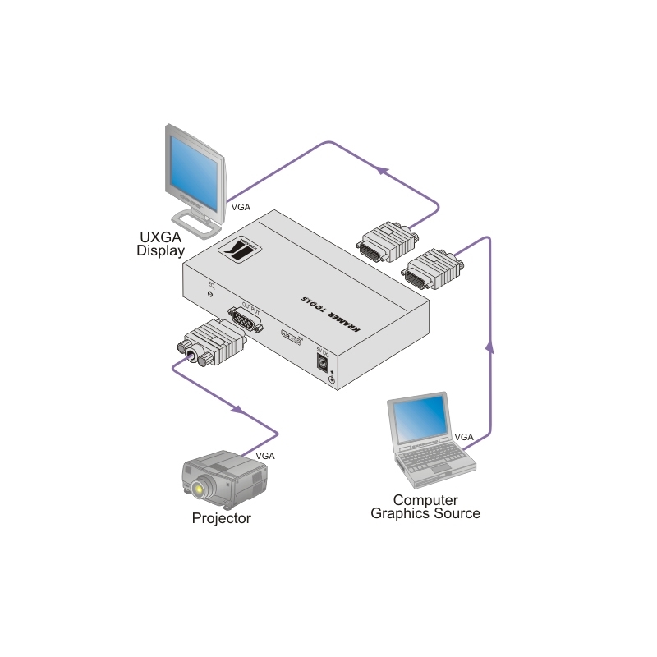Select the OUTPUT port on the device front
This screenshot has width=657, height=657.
[x=244, y=320]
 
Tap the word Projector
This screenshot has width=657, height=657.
[x=221, y=518]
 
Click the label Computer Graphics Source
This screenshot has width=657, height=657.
[x=425, y=507]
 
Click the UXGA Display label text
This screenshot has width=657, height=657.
[x=160, y=244]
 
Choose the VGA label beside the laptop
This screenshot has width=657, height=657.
[x=464, y=436]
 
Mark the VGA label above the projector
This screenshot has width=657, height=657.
[x=265, y=456]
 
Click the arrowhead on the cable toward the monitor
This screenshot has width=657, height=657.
[x=380, y=169]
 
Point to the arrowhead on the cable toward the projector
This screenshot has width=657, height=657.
[x=239, y=409]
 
